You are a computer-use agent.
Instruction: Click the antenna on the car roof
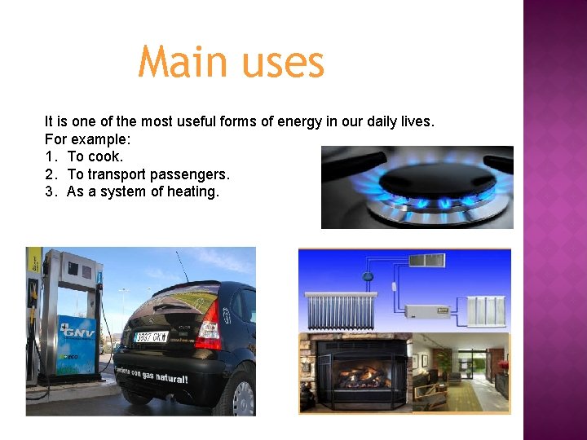pos(180,266)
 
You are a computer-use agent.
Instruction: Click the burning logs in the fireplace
pos(360,377)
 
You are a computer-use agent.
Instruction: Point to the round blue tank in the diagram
pos(368,275)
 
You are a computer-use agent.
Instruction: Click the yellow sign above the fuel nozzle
pos(33,261)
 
